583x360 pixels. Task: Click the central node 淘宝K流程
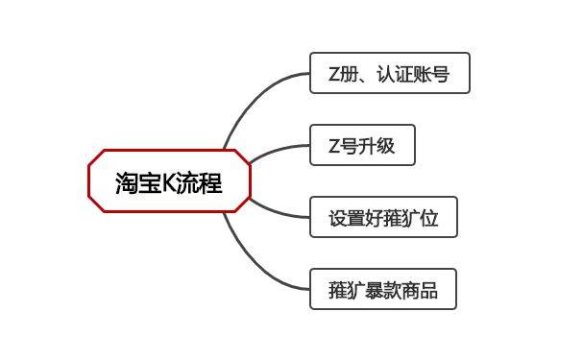point(169,181)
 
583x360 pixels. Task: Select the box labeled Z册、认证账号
point(389,73)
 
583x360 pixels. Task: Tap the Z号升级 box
point(361,146)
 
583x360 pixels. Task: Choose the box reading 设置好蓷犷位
point(382,218)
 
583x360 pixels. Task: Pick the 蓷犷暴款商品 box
point(382,290)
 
